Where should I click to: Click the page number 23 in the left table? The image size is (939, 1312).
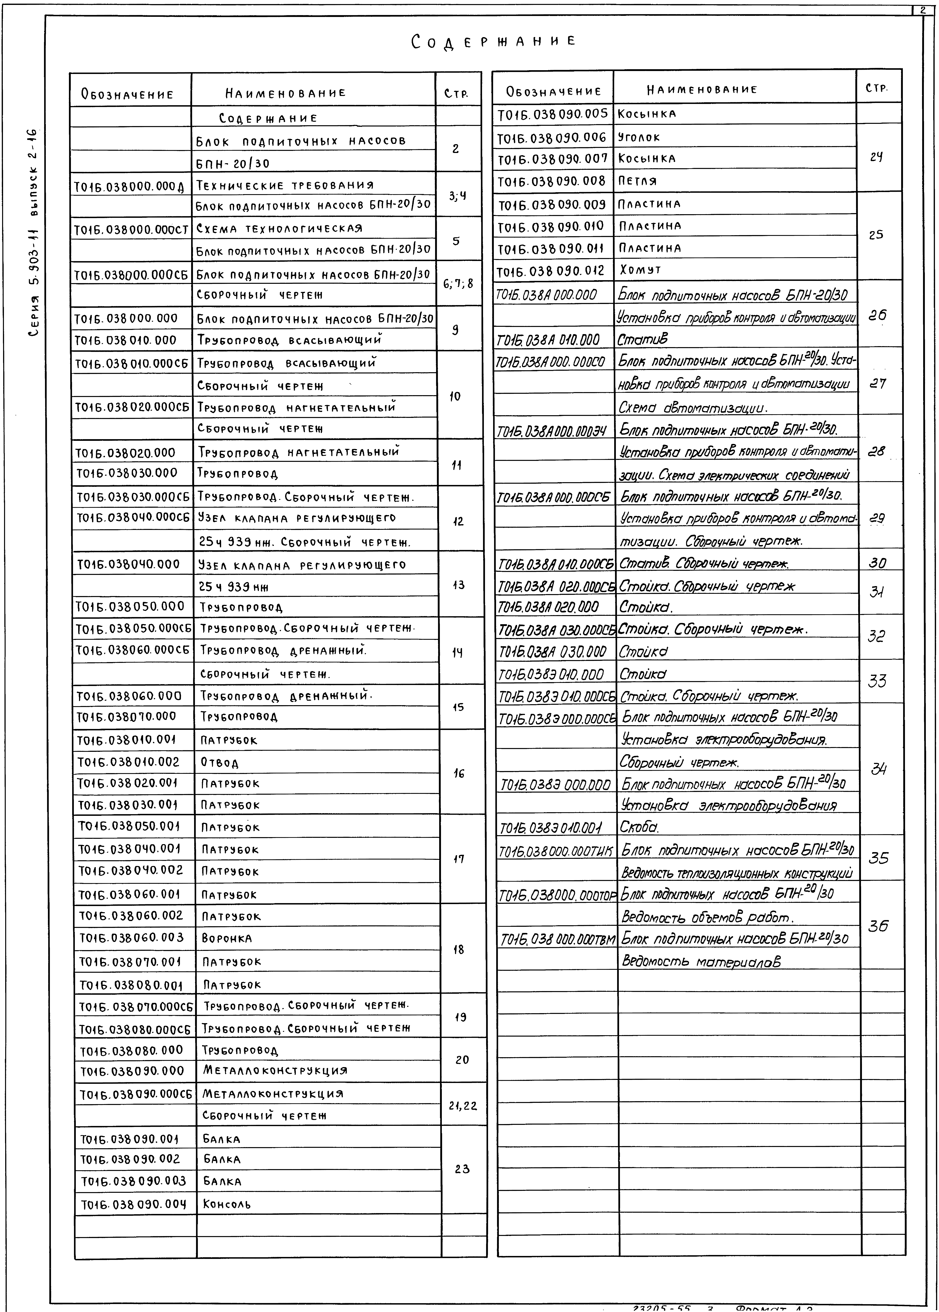(462, 1169)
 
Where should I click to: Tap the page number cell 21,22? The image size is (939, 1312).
(463, 1106)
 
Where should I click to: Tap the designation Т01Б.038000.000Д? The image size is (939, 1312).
(129, 186)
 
